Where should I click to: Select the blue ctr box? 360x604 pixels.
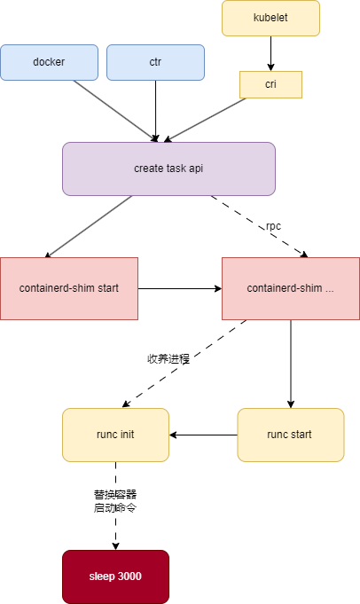pyautogui.click(x=155, y=62)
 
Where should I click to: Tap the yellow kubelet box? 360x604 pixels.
pyautogui.click(x=270, y=18)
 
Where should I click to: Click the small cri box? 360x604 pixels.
pyautogui.click(x=270, y=84)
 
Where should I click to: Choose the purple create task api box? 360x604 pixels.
pyautogui.click(x=168, y=169)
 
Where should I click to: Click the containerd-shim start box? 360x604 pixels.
pyautogui.click(x=69, y=288)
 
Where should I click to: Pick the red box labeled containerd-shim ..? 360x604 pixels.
pyautogui.click(x=290, y=288)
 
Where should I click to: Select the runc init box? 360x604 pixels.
pyautogui.click(x=115, y=435)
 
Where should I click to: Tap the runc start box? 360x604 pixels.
pyautogui.click(x=290, y=435)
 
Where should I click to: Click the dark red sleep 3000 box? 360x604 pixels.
pyautogui.click(x=115, y=577)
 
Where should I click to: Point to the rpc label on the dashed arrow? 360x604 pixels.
pyautogui.click(x=274, y=226)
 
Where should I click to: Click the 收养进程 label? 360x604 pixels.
pyautogui.click(x=168, y=359)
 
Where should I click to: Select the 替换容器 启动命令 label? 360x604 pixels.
pyautogui.click(x=115, y=500)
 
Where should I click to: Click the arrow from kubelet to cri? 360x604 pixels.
pyautogui.click(x=270, y=53)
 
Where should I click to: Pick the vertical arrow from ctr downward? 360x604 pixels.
pyautogui.click(x=155, y=111)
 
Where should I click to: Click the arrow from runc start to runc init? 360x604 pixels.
pyautogui.click(x=203, y=435)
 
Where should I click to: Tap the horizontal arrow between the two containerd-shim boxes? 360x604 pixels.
pyautogui.click(x=179, y=288)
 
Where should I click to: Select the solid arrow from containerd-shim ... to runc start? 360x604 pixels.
pyautogui.click(x=290, y=364)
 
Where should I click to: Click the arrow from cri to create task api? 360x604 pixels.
pyautogui.click(x=207, y=119)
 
